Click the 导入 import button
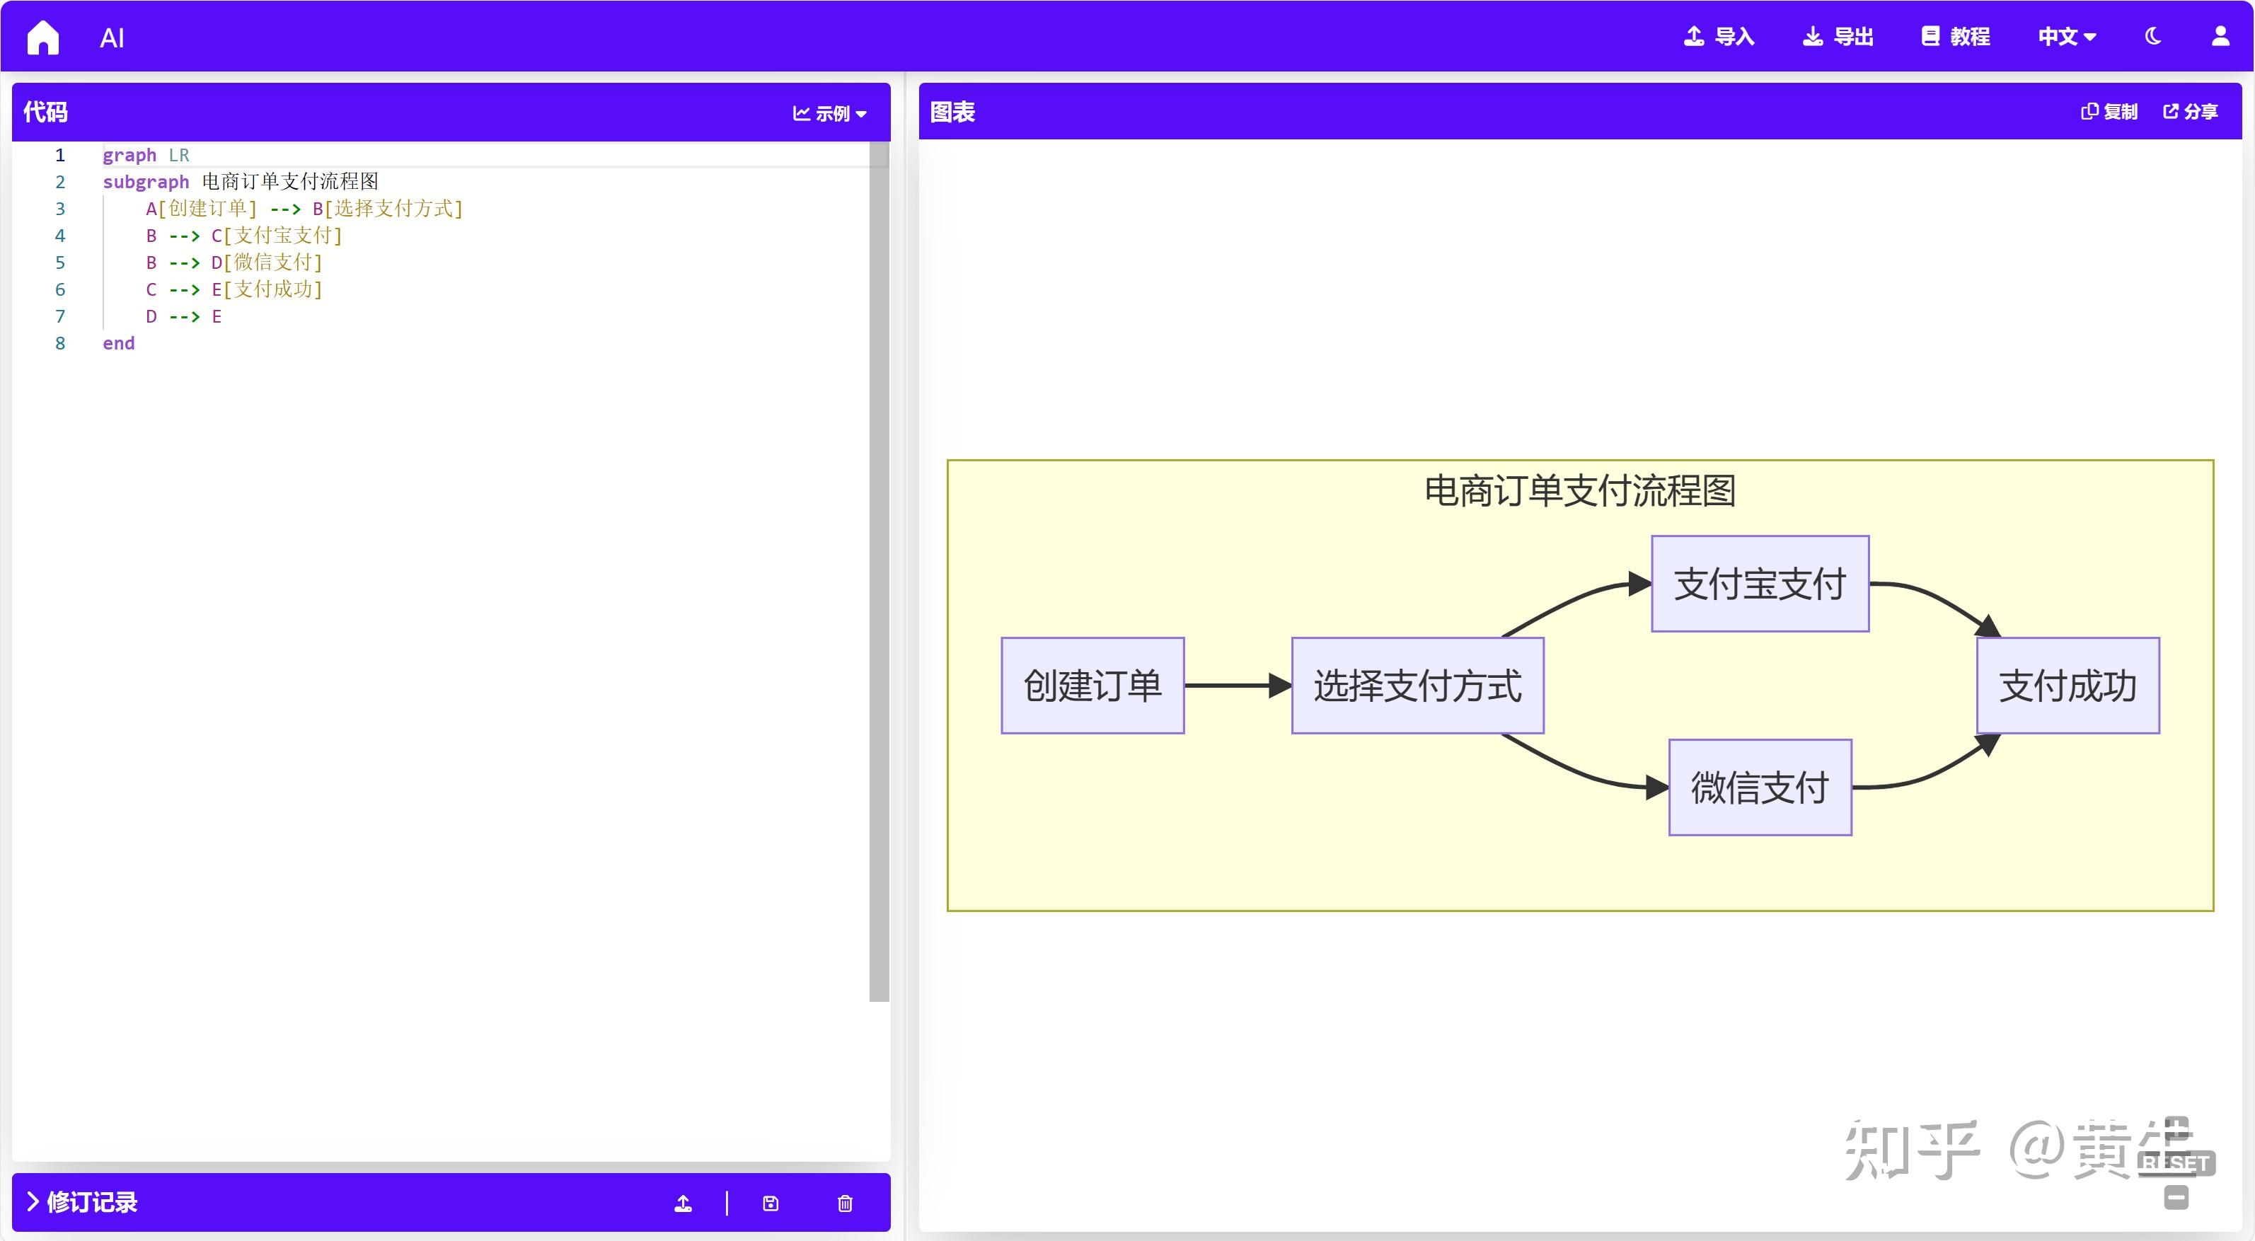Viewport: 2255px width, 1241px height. [x=1719, y=37]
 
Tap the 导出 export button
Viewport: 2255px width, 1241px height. [x=1838, y=37]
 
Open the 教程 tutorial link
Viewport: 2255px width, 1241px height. [x=1956, y=37]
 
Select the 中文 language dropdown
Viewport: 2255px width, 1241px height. [x=2067, y=37]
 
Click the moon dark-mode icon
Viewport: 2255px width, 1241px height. [x=2153, y=37]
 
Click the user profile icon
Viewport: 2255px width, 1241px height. [x=2221, y=37]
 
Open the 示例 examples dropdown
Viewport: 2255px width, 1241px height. [x=829, y=114]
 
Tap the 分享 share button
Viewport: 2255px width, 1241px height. [x=2190, y=112]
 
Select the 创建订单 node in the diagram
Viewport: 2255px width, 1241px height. [x=1092, y=686]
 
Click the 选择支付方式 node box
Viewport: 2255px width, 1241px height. [x=1417, y=686]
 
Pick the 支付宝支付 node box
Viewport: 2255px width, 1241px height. [x=1760, y=584]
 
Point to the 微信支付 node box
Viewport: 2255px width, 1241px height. [x=1760, y=787]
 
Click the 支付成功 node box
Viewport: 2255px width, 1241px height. [x=2067, y=686]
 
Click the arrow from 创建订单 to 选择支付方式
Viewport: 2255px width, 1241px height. [x=1236, y=686]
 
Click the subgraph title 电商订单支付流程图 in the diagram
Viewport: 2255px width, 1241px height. [x=1580, y=491]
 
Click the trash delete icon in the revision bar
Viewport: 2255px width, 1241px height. [x=845, y=1204]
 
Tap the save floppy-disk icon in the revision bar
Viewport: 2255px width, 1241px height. [x=771, y=1204]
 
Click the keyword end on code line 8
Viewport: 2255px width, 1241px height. [x=118, y=344]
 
